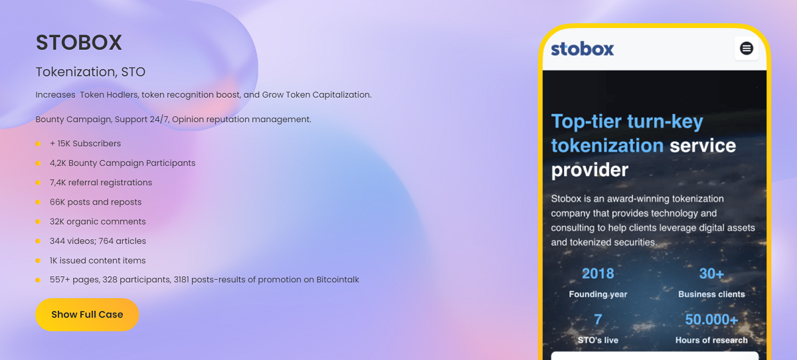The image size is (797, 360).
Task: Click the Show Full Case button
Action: (x=87, y=315)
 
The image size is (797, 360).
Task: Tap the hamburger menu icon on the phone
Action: (x=747, y=48)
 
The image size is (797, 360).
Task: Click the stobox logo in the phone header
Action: (x=582, y=49)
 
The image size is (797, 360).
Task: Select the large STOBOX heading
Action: (x=79, y=43)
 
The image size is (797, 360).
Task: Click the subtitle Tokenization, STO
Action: (x=90, y=72)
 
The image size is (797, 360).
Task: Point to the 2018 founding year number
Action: (x=598, y=274)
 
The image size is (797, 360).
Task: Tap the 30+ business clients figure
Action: (x=711, y=274)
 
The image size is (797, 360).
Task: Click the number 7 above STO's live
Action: (x=598, y=319)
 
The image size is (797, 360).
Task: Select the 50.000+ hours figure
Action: (x=711, y=319)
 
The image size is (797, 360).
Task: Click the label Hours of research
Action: (x=711, y=340)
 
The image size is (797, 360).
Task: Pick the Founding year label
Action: (x=598, y=294)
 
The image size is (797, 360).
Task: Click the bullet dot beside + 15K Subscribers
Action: (x=38, y=143)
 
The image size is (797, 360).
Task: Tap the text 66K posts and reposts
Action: (x=96, y=202)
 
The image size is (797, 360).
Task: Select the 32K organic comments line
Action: (x=98, y=222)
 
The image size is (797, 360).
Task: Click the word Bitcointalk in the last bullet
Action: (x=337, y=280)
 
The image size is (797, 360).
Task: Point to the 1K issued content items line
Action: (x=98, y=260)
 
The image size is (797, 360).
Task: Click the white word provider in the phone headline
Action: (x=590, y=170)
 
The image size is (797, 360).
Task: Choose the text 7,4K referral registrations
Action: (x=101, y=183)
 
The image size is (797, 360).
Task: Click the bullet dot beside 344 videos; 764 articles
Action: (x=38, y=241)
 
